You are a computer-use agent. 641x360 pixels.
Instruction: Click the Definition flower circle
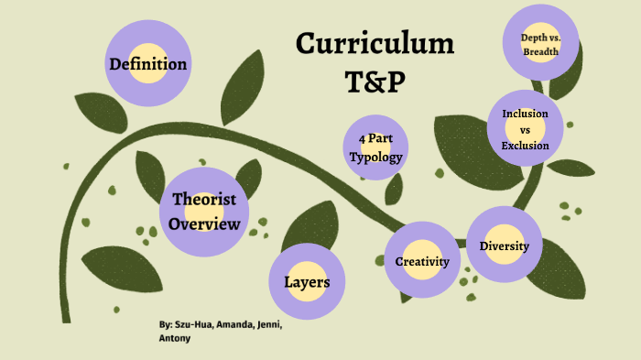[x=147, y=64]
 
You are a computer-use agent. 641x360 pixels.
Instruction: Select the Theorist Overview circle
[x=205, y=212]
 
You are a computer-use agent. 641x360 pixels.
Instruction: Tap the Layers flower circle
[x=307, y=281]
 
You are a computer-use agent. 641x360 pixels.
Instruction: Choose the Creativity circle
[x=421, y=261]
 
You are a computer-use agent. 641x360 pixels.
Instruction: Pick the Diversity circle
[x=505, y=245]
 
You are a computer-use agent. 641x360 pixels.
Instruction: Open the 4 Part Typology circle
[x=375, y=148]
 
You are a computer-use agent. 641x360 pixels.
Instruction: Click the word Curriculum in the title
[x=375, y=43]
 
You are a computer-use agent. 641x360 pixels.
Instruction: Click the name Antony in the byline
[x=175, y=339]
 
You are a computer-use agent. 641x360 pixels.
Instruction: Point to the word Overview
[x=205, y=224]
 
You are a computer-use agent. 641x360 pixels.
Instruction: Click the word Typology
[x=375, y=157]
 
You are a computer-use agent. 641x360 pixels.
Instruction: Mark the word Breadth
[x=540, y=52]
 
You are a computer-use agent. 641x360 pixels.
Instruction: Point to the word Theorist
[x=204, y=200]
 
